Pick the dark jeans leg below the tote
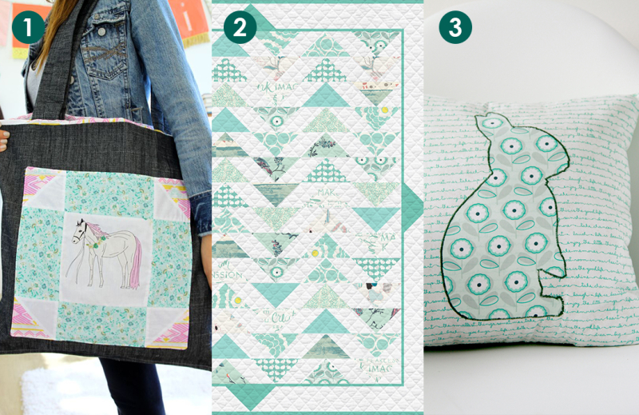click(140, 388)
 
